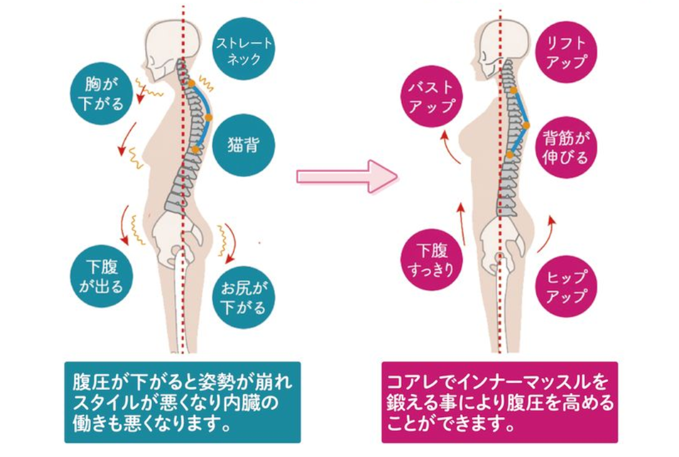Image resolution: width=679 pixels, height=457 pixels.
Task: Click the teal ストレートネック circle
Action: click(x=244, y=49)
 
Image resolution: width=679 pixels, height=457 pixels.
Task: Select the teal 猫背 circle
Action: click(x=244, y=146)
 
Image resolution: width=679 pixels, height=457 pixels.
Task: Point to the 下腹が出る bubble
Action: click(x=102, y=276)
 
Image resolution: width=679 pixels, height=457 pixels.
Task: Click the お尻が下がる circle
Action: click(x=244, y=298)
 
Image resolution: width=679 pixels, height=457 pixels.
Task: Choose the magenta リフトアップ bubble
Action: click(x=566, y=52)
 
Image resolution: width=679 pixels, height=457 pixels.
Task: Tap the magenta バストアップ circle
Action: click(x=431, y=97)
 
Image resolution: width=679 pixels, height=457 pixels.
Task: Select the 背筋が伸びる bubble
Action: click(x=566, y=147)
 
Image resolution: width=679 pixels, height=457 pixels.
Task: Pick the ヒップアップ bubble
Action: click(x=566, y=286)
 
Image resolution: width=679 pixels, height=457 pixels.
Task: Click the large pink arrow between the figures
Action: click(x=347, y=176)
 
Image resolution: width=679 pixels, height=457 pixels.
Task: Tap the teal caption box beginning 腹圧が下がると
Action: click(x=183, y=402)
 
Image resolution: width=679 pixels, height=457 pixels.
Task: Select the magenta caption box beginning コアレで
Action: click(x=500, y=402)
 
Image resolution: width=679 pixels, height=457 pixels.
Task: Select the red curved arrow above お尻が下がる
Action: click(x=231, y=243)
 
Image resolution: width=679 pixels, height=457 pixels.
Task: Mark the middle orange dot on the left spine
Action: click(x=209, y=117)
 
